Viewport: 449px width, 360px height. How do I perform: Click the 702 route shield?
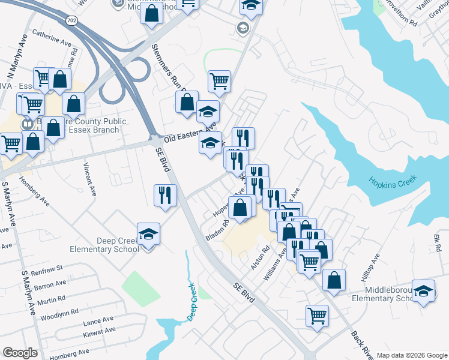(72, 20)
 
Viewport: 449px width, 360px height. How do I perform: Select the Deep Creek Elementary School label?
(104, 245)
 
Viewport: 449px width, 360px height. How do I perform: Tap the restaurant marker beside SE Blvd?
(165, 195)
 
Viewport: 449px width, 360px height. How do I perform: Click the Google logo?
(20, 353)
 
